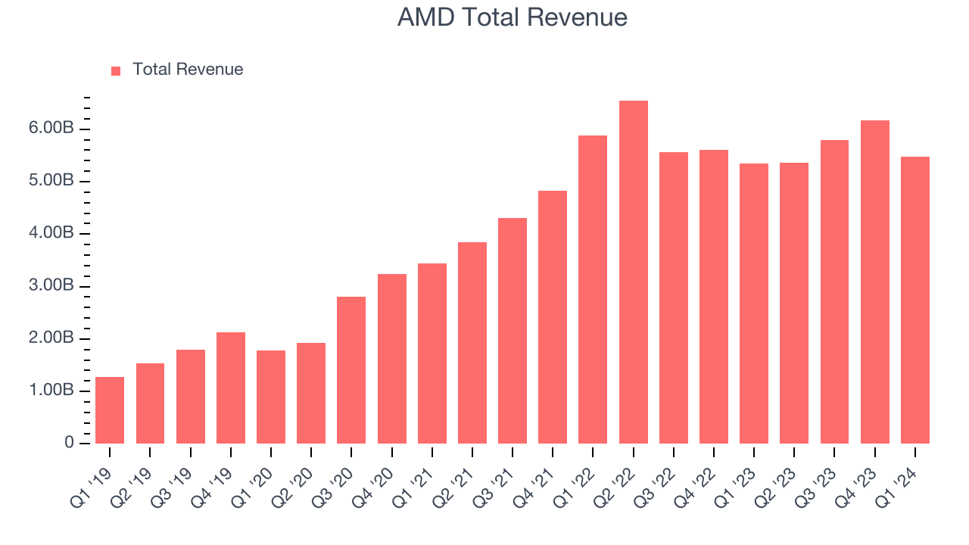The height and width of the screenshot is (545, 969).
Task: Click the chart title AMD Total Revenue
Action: click(x=513, y=17)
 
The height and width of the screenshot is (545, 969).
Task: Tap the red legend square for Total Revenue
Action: click(x=116, y=70)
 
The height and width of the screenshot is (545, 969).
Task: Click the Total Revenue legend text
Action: click(x=188, y=70)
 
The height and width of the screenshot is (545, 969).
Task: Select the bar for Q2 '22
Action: click(x=633, y=272)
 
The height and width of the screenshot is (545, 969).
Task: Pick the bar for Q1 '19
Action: click(x=110, y=410)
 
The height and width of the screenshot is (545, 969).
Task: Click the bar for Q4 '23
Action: click(x=874, y=282)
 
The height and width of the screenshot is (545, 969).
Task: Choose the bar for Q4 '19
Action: click(x=230, y=388)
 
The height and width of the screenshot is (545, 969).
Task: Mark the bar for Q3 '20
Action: click(x=351, y=369)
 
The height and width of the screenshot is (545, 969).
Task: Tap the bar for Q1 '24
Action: click(x=914, y=300)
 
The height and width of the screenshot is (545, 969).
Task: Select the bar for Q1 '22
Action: click(x=593, y=289)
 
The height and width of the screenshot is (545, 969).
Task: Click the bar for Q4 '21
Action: click(x=553, y=316)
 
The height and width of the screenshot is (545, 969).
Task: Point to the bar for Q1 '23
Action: click(x=754, y=303)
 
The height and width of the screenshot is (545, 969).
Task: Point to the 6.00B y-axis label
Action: click(x=52, y=129)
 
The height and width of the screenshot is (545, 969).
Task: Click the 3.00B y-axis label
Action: click(x=52, y=286)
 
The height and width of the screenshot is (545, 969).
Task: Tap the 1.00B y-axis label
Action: click(x=52, y=391)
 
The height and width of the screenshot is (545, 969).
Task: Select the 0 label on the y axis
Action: click(x=69, y=443)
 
